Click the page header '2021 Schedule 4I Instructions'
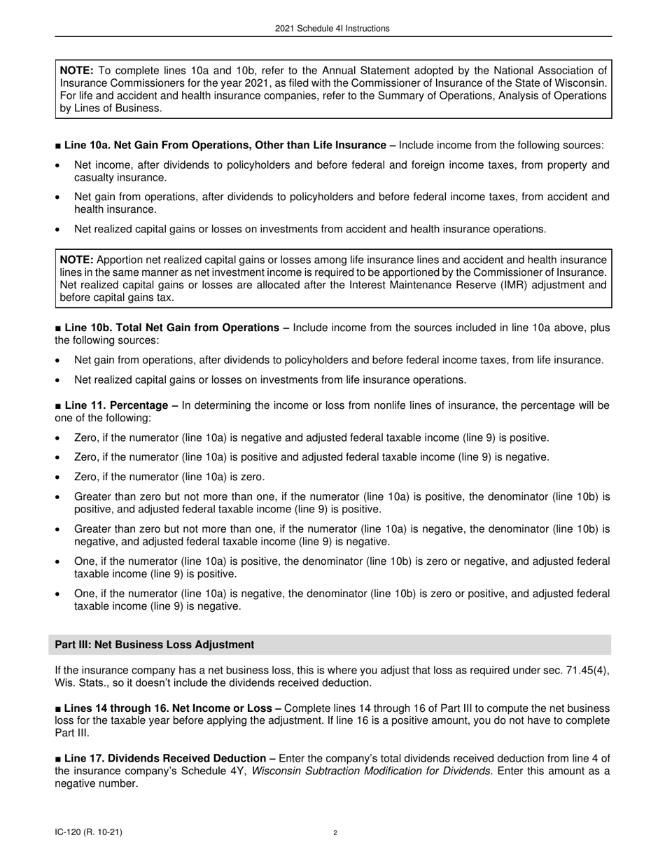(x=333, y=29)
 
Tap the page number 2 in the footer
(x=335, y=833)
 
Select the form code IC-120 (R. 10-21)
(x=92, y=832)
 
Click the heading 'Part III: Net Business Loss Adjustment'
(x=157, y=645)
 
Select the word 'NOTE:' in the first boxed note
(x=77, y=71)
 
